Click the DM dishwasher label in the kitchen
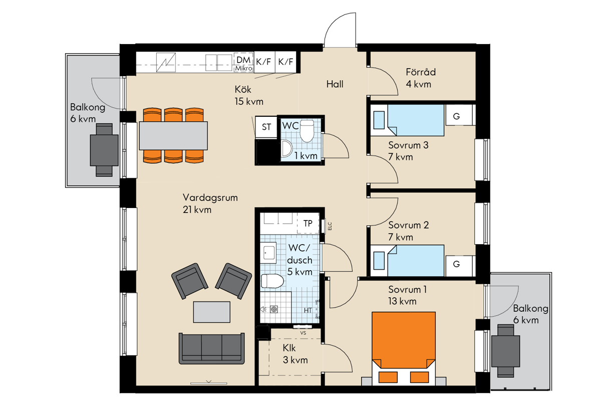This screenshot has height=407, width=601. tap(243, 60)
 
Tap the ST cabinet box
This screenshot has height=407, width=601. tap(266, 127)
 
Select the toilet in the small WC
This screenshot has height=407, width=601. tap(307, 131)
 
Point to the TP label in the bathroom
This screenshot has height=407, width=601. tap(308, 224)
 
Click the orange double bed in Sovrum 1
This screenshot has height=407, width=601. tap(404, 348)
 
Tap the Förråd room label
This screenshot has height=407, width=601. tap(421, 72)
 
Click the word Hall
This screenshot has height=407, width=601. tap(335, 84)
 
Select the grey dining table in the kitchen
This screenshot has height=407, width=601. tap(173, 135)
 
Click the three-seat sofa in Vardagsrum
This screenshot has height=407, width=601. tap(212, 348)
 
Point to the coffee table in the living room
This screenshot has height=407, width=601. tap(212, 312)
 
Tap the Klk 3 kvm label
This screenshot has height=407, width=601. tap(295, 354)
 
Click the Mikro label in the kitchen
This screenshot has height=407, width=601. tap(243, 69)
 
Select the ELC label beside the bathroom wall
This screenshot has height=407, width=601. tap(330, 226)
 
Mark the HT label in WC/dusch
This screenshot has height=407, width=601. tap(308, 310)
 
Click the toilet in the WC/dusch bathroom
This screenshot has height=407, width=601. tap(272, 281)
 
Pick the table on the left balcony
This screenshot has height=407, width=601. tap(104, 150)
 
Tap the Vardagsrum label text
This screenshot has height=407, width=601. tap(210, 197)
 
